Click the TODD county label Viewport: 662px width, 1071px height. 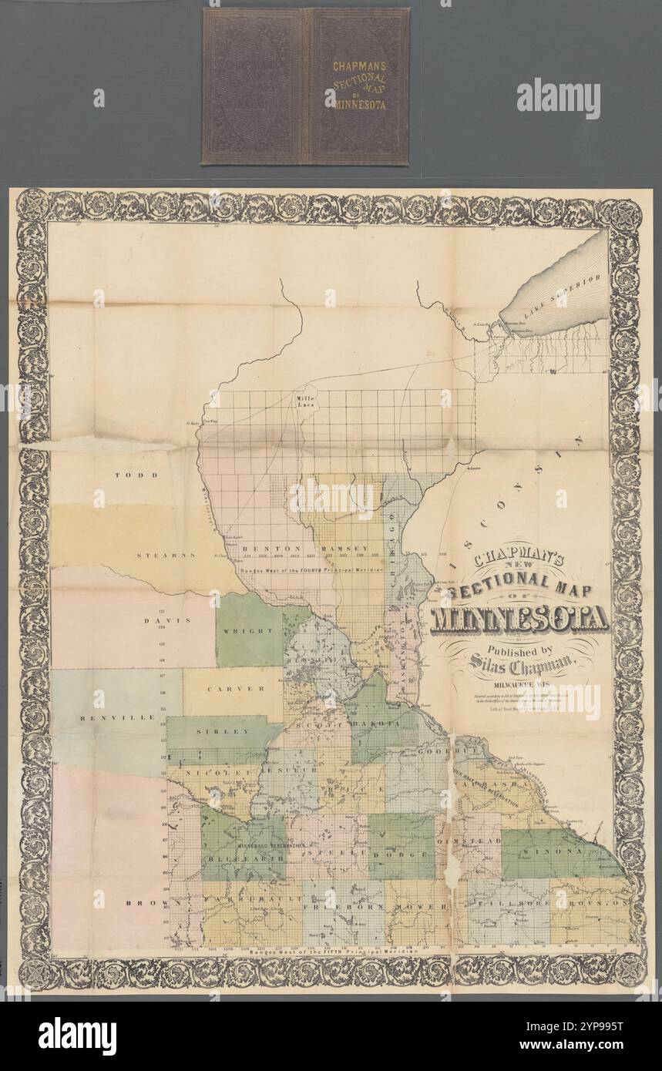130,475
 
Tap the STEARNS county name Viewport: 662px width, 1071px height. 166,555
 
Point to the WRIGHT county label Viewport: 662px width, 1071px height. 248,630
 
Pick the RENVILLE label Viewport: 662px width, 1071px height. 107,717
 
